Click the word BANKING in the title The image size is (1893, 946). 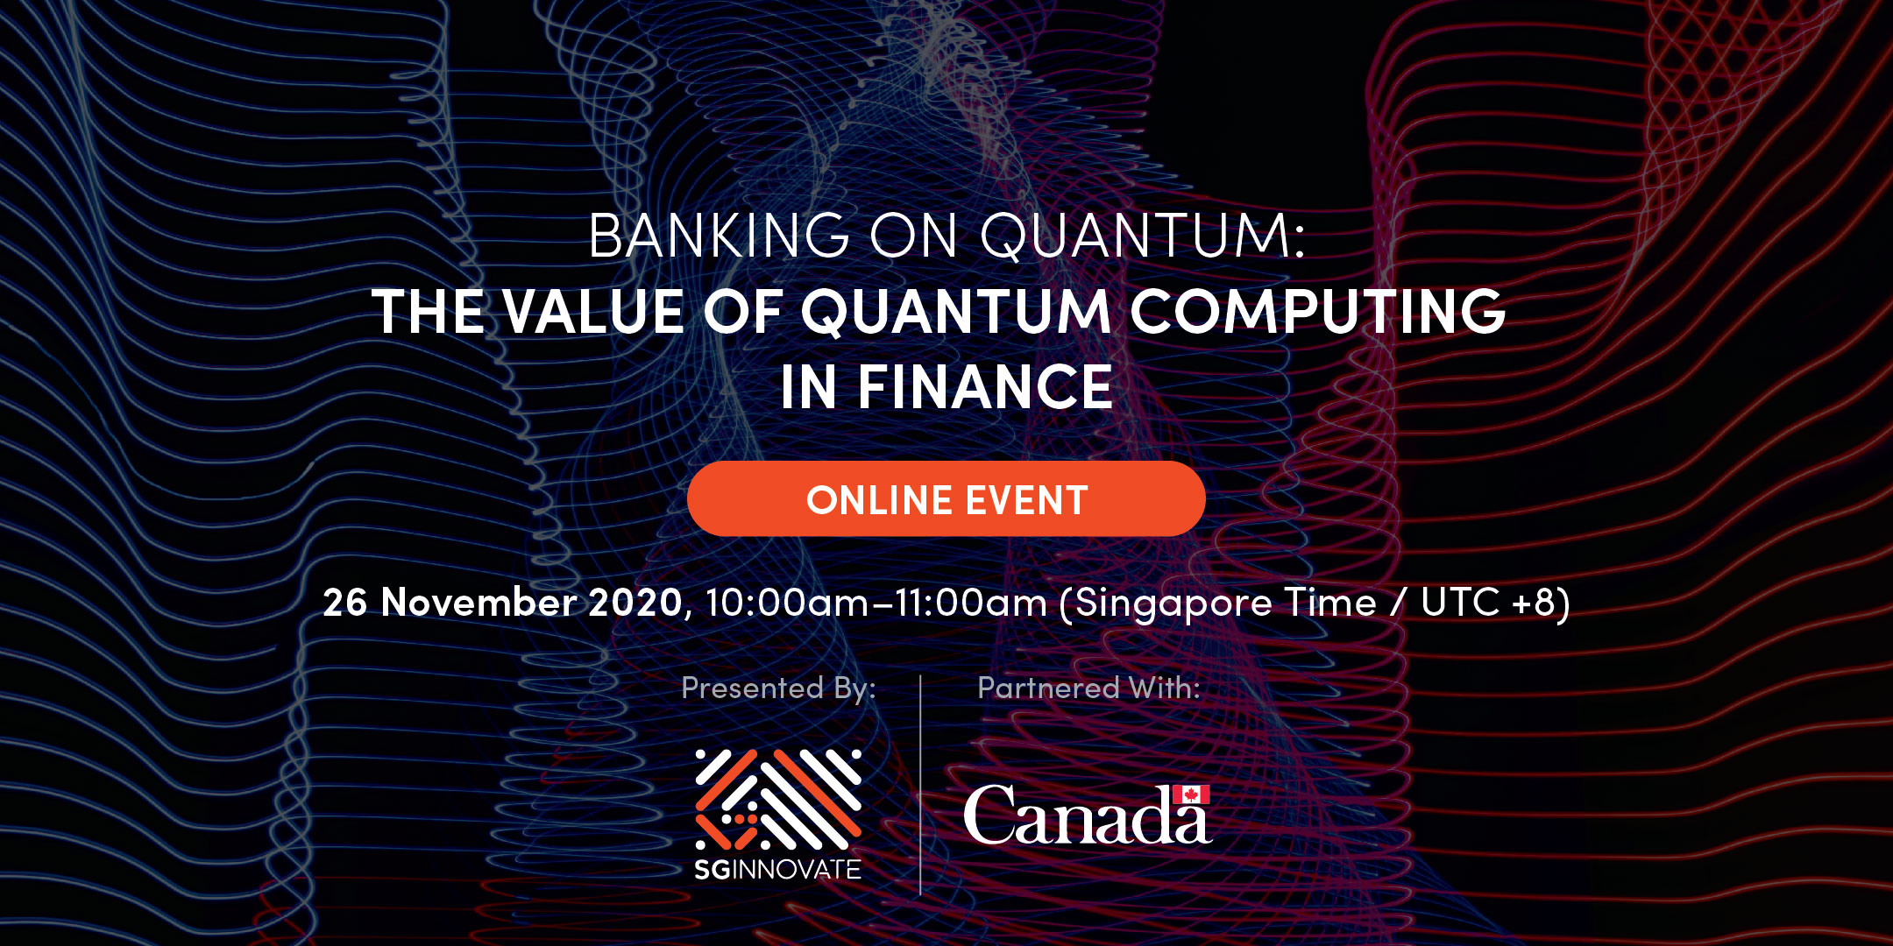719,236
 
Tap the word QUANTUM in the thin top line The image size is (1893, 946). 1136,236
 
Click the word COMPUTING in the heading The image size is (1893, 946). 1318,312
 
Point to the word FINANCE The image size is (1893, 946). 985,387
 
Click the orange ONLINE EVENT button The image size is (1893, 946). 946,499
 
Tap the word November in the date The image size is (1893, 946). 479,603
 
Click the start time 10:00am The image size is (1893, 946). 787,603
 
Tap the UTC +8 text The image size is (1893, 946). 1488,603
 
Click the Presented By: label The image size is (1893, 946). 779,688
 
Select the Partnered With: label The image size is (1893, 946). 1089,688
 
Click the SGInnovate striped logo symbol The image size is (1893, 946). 778,799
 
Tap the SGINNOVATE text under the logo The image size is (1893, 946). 778,869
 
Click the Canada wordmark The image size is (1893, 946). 1088,815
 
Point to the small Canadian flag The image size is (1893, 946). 1191,794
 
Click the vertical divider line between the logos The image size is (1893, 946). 920,785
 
